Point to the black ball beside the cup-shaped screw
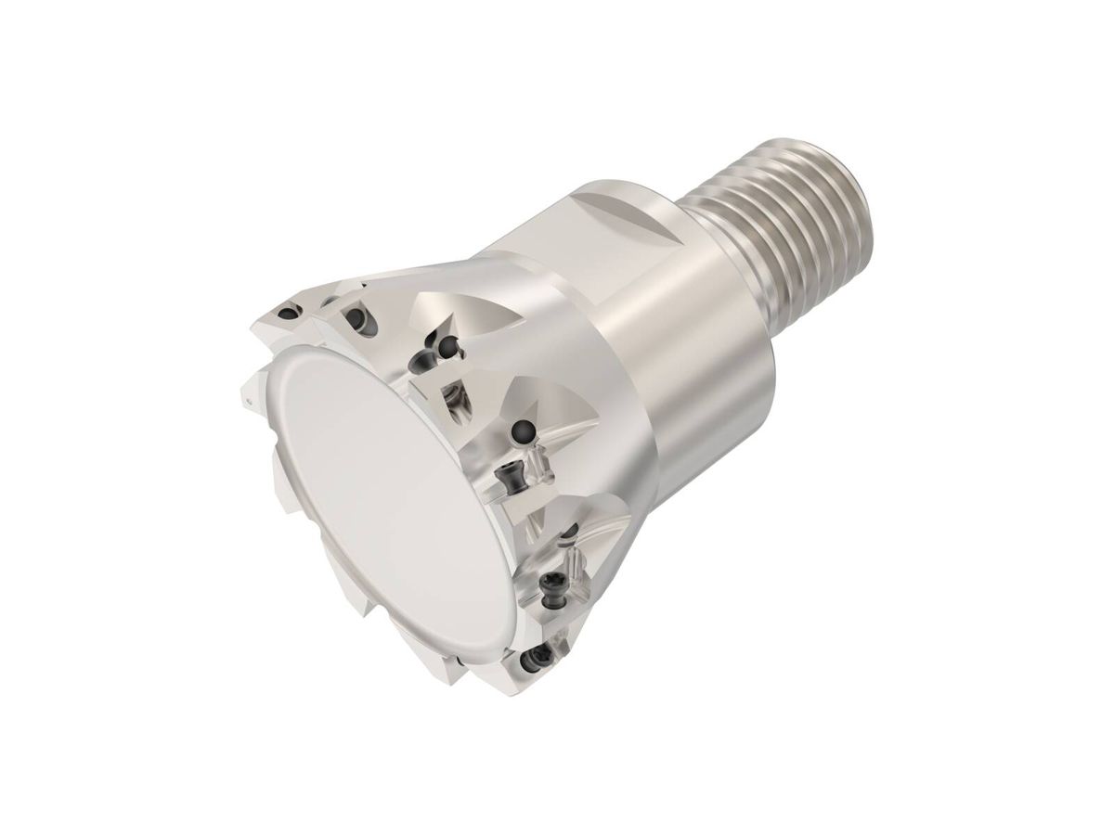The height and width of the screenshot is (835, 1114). click(448, 346)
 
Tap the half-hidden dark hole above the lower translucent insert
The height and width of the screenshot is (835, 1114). click(572, 530)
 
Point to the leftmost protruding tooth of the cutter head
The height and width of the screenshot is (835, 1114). click(248, 398)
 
